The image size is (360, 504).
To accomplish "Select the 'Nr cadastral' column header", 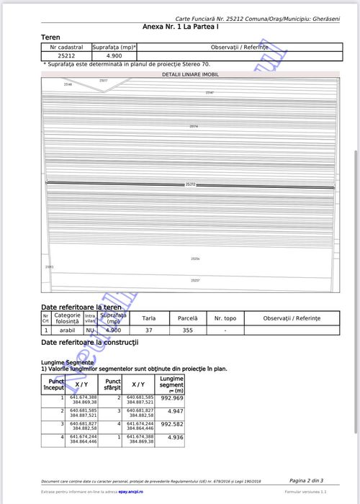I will [x=66, y=46].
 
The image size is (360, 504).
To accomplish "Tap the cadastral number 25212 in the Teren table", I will [x=66, y=55].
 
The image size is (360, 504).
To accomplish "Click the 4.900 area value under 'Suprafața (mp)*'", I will [x=114, y=55].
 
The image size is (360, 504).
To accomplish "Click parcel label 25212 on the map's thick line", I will [x=191, y=184].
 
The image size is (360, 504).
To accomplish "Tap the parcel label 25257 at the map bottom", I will [x=195, y=280].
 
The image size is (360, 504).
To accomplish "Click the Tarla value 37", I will [x=149, y=330].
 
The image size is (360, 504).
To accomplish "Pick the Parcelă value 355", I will [x=187, y=330].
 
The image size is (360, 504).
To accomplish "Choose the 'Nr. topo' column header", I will [x=225, y=318].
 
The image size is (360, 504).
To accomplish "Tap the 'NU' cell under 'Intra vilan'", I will [x=90, y=330].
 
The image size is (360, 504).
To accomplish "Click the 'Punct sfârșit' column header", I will [x=113, y=384].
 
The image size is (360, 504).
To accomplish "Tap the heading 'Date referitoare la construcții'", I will [x=91, y=343].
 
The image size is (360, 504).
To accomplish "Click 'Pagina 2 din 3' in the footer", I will [x=306, y=480].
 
